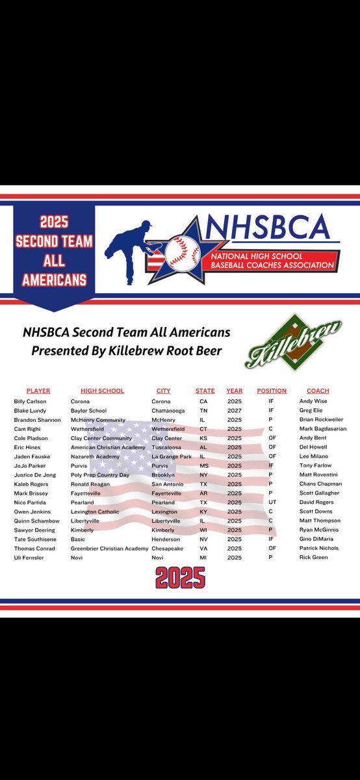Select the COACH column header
(x=318, y=391)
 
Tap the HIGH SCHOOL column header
(x=102, y=391)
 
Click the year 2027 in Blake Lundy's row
(x=234, y=411)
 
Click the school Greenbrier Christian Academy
(x=109, y=549)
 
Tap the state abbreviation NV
(x=203, y=539)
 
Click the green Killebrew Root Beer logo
(x=294, y=343)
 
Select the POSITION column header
(x=272, y=391)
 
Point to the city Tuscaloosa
(x=167, y=447)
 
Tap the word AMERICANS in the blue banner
(x=54, y=281)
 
